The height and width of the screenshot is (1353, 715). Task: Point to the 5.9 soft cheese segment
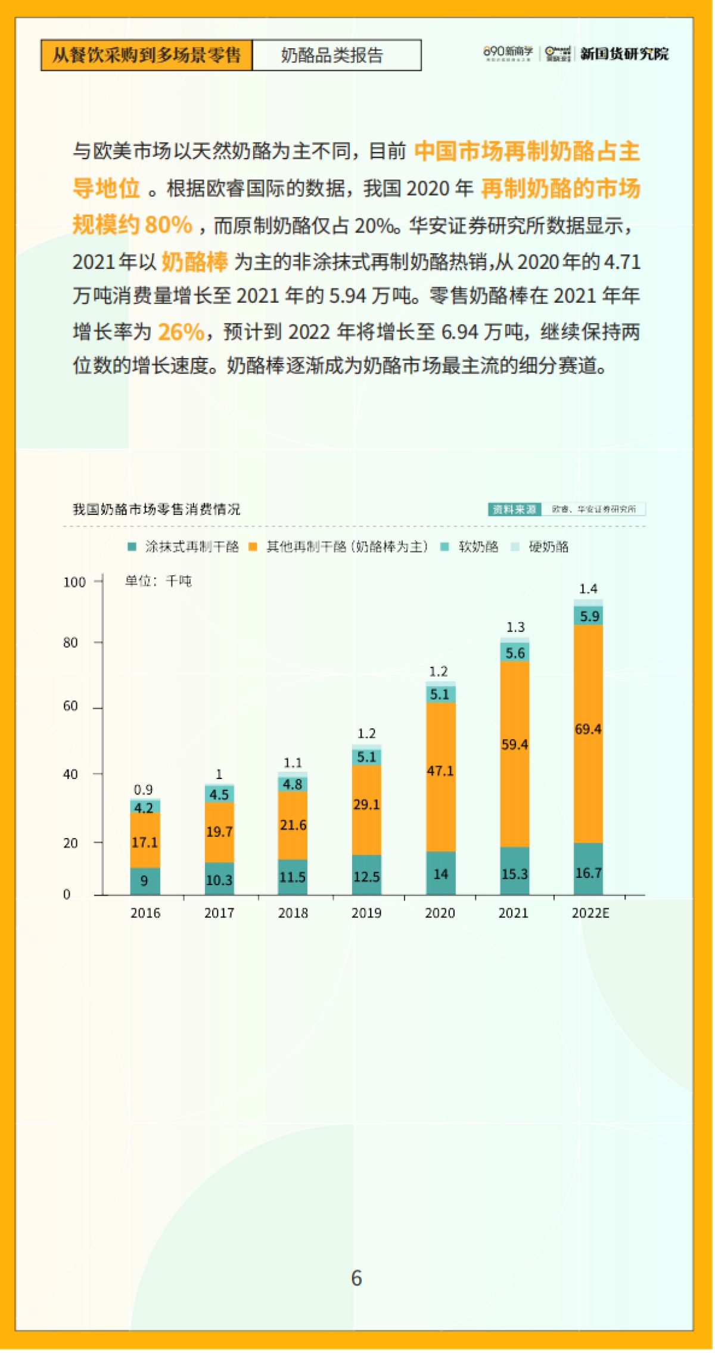tap(589, 616)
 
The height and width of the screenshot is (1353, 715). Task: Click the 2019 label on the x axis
tap(366, 913)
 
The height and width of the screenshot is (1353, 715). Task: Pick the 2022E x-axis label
tap(590, 913)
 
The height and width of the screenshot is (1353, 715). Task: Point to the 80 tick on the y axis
tap(71, 643)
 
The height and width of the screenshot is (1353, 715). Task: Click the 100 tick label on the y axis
tap(74, 582)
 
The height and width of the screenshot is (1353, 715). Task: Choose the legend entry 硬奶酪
tap(548, 547)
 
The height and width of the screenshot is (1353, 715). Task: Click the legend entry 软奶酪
tap(477, 547)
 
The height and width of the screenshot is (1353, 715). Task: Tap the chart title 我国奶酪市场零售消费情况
tap(157, 509)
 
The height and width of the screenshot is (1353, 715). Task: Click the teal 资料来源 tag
tap(514, 509)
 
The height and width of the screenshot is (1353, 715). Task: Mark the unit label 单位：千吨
tap(158, 581)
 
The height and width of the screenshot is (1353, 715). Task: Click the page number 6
tap(356, 1278)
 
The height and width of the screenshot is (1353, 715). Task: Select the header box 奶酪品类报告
tap(337, 55)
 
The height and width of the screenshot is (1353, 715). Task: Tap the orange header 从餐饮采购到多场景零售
tap(147, 55)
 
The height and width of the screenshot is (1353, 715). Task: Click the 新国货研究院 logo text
tap(624, 54)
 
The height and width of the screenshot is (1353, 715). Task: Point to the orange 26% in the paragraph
tap(181, 331)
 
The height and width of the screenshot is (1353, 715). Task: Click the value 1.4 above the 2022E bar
tap(588, 589)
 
